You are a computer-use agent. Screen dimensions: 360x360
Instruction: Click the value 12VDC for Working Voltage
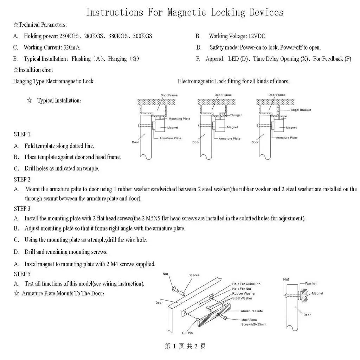257,36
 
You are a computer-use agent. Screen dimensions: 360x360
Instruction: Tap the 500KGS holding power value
142,36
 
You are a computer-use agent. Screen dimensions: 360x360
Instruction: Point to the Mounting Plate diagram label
179,119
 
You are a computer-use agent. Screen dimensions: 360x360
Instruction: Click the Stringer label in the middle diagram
236,115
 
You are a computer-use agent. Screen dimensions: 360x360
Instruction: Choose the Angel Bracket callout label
301,110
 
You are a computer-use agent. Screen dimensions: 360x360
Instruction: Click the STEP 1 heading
22,134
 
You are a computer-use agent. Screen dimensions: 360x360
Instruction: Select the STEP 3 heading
22,209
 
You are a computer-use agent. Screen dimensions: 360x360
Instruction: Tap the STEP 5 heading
22,274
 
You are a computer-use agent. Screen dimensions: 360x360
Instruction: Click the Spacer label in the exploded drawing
194,276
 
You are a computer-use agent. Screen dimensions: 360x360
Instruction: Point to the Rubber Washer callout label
244,294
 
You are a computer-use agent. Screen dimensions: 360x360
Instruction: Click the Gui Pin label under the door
187,333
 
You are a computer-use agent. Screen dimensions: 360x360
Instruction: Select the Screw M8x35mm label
253,324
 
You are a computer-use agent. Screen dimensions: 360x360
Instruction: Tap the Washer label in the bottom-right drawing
311,283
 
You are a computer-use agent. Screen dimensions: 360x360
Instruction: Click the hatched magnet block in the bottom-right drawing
305,294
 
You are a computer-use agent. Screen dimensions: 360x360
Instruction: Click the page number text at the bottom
185,346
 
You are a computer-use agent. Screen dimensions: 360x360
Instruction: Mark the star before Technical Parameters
15,25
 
